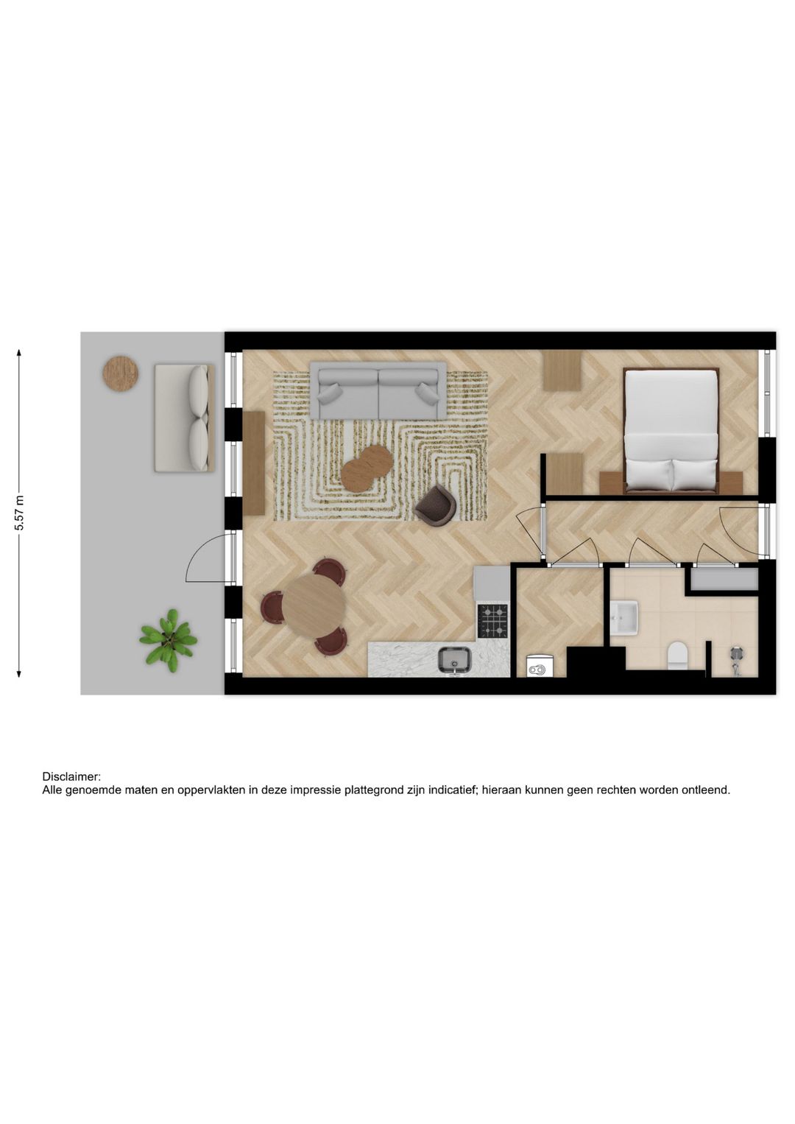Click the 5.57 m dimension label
pos(20,513)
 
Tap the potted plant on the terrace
pos(169,639)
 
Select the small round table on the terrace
pos(120,373)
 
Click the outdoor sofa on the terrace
pos(184,418)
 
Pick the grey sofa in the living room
pos(378,390)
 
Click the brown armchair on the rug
pos(436,506)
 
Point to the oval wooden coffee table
pos(366,468)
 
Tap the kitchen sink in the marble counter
pos(456,659)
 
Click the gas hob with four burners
pos(492,620)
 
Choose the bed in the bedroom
pos(671,431)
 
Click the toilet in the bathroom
pos(676,655)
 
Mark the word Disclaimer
pos(71,776)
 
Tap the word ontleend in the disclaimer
pos(706,790)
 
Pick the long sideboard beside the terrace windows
pos(253,463)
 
